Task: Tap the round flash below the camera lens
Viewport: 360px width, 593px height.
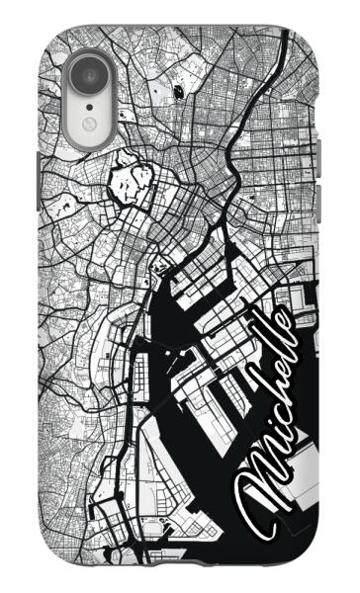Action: pos(88,124)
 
